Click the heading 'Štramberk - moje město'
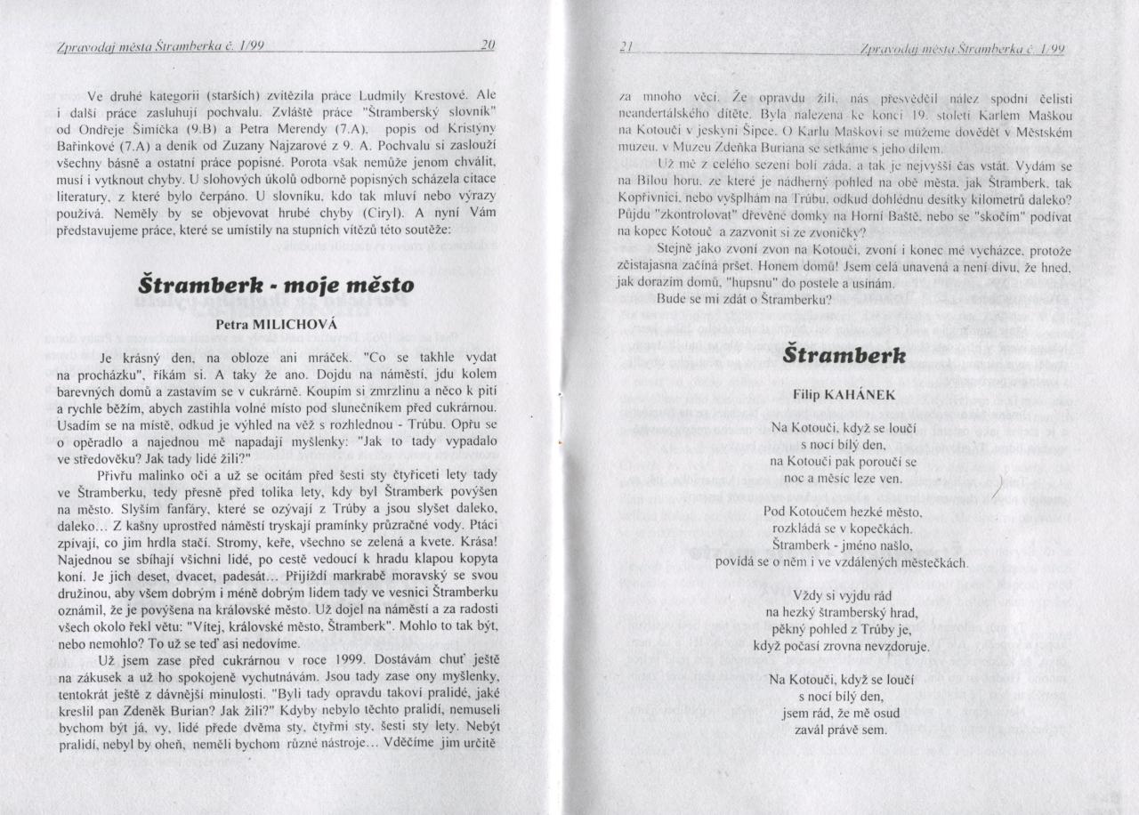click(x=276, y=286)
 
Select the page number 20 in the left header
click(x=486, y=47)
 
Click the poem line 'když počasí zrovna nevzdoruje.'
click(x=841, y=645)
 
